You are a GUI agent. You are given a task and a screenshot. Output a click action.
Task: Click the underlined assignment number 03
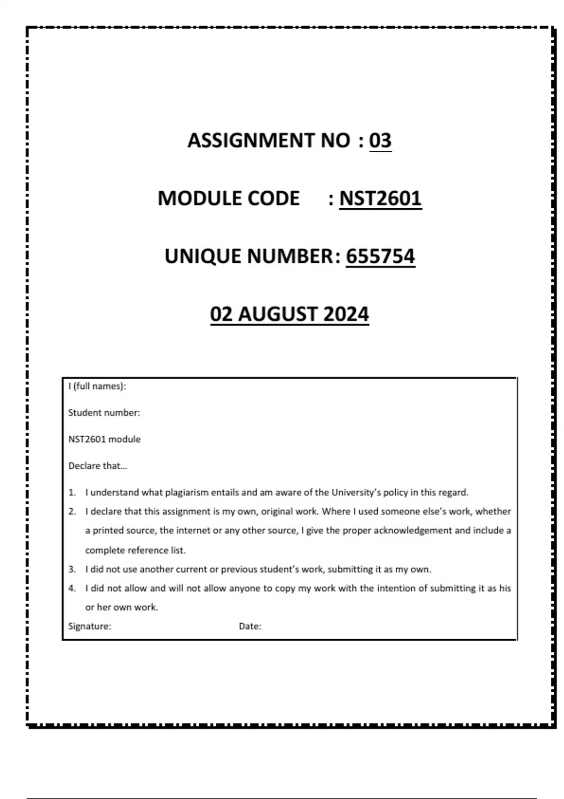380,141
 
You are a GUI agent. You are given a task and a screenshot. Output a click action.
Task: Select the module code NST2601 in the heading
380,198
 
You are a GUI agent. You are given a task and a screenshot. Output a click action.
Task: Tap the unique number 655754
380,257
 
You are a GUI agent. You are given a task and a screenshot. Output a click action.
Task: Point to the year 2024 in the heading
346,314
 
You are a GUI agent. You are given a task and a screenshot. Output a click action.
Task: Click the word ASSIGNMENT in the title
251,141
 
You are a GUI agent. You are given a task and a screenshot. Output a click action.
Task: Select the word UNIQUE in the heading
203,257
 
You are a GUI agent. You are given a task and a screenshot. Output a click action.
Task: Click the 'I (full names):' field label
97,386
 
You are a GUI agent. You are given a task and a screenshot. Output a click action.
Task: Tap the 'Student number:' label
104,413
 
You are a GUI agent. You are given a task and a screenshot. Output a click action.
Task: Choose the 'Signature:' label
90,626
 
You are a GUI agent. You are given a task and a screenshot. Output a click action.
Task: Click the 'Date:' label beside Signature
250,626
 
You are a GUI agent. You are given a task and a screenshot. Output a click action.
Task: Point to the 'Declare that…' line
98,466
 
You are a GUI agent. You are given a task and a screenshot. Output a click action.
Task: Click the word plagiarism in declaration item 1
187,493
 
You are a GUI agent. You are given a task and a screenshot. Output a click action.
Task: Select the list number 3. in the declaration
72,569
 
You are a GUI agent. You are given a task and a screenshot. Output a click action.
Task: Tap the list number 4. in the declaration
72,588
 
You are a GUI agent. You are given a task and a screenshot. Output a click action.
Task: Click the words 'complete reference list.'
135,550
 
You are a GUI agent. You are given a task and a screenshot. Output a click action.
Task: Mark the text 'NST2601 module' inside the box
104,439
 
